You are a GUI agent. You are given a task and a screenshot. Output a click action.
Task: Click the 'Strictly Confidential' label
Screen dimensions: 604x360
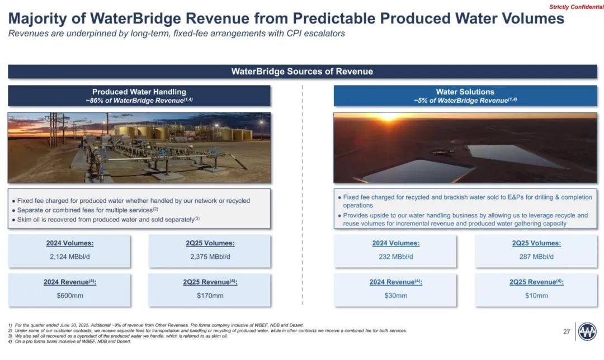[x=576, y=7]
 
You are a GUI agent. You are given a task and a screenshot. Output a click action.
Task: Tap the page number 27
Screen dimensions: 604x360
[x=566, y=331]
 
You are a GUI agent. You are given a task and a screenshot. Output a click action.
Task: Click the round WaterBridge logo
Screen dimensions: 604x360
[x=587, y=331]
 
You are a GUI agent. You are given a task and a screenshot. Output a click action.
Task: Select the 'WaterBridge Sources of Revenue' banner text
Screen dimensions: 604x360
[x=302, y=71]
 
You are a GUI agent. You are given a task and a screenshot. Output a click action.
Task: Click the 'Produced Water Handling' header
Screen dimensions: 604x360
[x=139, y=92]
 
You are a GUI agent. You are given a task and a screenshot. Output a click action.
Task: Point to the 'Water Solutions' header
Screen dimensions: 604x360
[x=465, y=92]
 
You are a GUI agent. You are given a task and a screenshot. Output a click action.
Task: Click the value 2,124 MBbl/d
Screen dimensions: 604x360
[x=70, y=257]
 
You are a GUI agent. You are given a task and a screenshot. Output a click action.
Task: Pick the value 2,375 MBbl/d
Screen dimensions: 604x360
[x=210, y=257]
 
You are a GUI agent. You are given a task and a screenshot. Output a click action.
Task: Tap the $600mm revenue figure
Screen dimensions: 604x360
[x=70, y=295]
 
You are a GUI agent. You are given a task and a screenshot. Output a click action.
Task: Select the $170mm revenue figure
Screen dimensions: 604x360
[x=210, y=295]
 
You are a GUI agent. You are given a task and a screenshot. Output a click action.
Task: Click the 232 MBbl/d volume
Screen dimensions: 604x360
[x=395, y=257]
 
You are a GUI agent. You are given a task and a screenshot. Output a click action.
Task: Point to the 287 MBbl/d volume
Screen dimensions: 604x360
[x=536, y=257]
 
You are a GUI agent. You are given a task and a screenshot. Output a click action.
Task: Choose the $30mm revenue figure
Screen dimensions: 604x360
[x=395, y=295]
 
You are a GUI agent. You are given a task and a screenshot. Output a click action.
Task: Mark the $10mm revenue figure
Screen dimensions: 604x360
[x=536, y=295]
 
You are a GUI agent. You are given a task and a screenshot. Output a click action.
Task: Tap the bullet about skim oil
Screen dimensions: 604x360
[x=106, y=220]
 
